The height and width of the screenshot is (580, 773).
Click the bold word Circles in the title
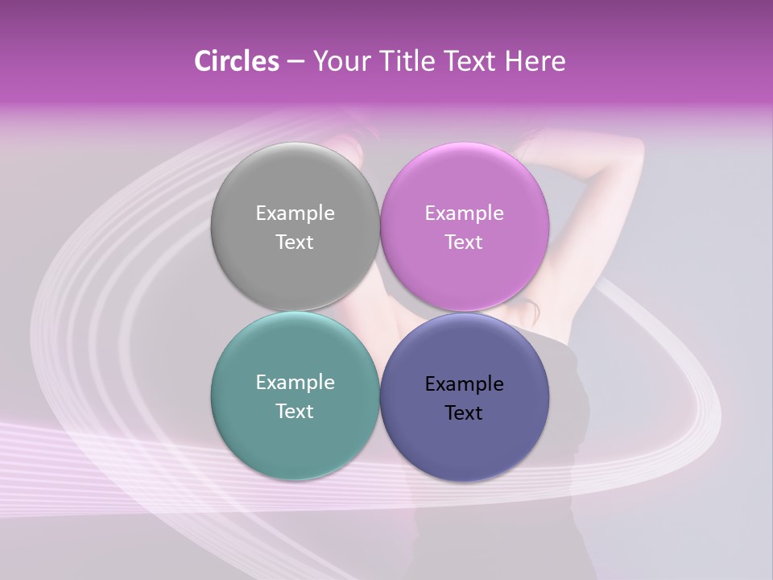pos(236,61)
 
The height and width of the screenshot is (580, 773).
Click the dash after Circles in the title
pos(296,62)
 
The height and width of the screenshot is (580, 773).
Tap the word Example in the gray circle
pos(295,213)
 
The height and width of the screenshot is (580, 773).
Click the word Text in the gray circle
pos(295,242)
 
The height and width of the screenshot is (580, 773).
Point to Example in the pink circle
pos(464,213)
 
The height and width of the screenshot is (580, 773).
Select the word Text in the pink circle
pos(464,242)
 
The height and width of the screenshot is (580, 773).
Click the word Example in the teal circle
pos(295,382)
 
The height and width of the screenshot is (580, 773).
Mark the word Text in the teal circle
pos(295,411)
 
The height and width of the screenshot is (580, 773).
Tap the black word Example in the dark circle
pos(464,383)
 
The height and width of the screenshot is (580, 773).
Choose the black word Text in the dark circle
pos(464,412)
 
